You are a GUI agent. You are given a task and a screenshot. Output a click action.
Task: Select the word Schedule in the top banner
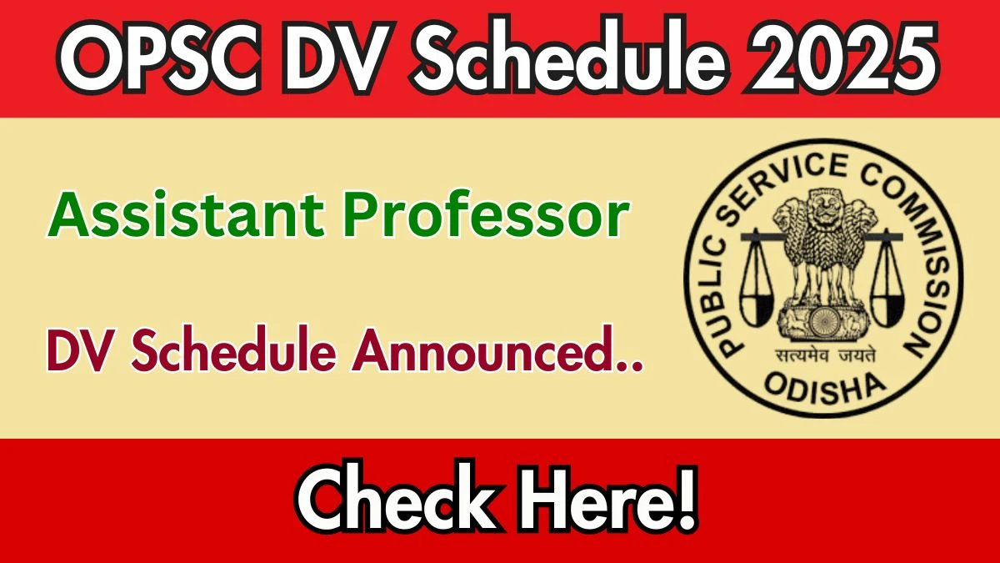click(569, 56)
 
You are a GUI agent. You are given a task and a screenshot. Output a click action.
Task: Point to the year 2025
click(842, 58)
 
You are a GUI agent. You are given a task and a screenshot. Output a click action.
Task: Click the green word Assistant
click(185, 214)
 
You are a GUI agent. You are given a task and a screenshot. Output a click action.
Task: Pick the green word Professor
click(486, 214)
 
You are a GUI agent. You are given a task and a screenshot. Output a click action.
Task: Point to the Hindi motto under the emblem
click(824, 356)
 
